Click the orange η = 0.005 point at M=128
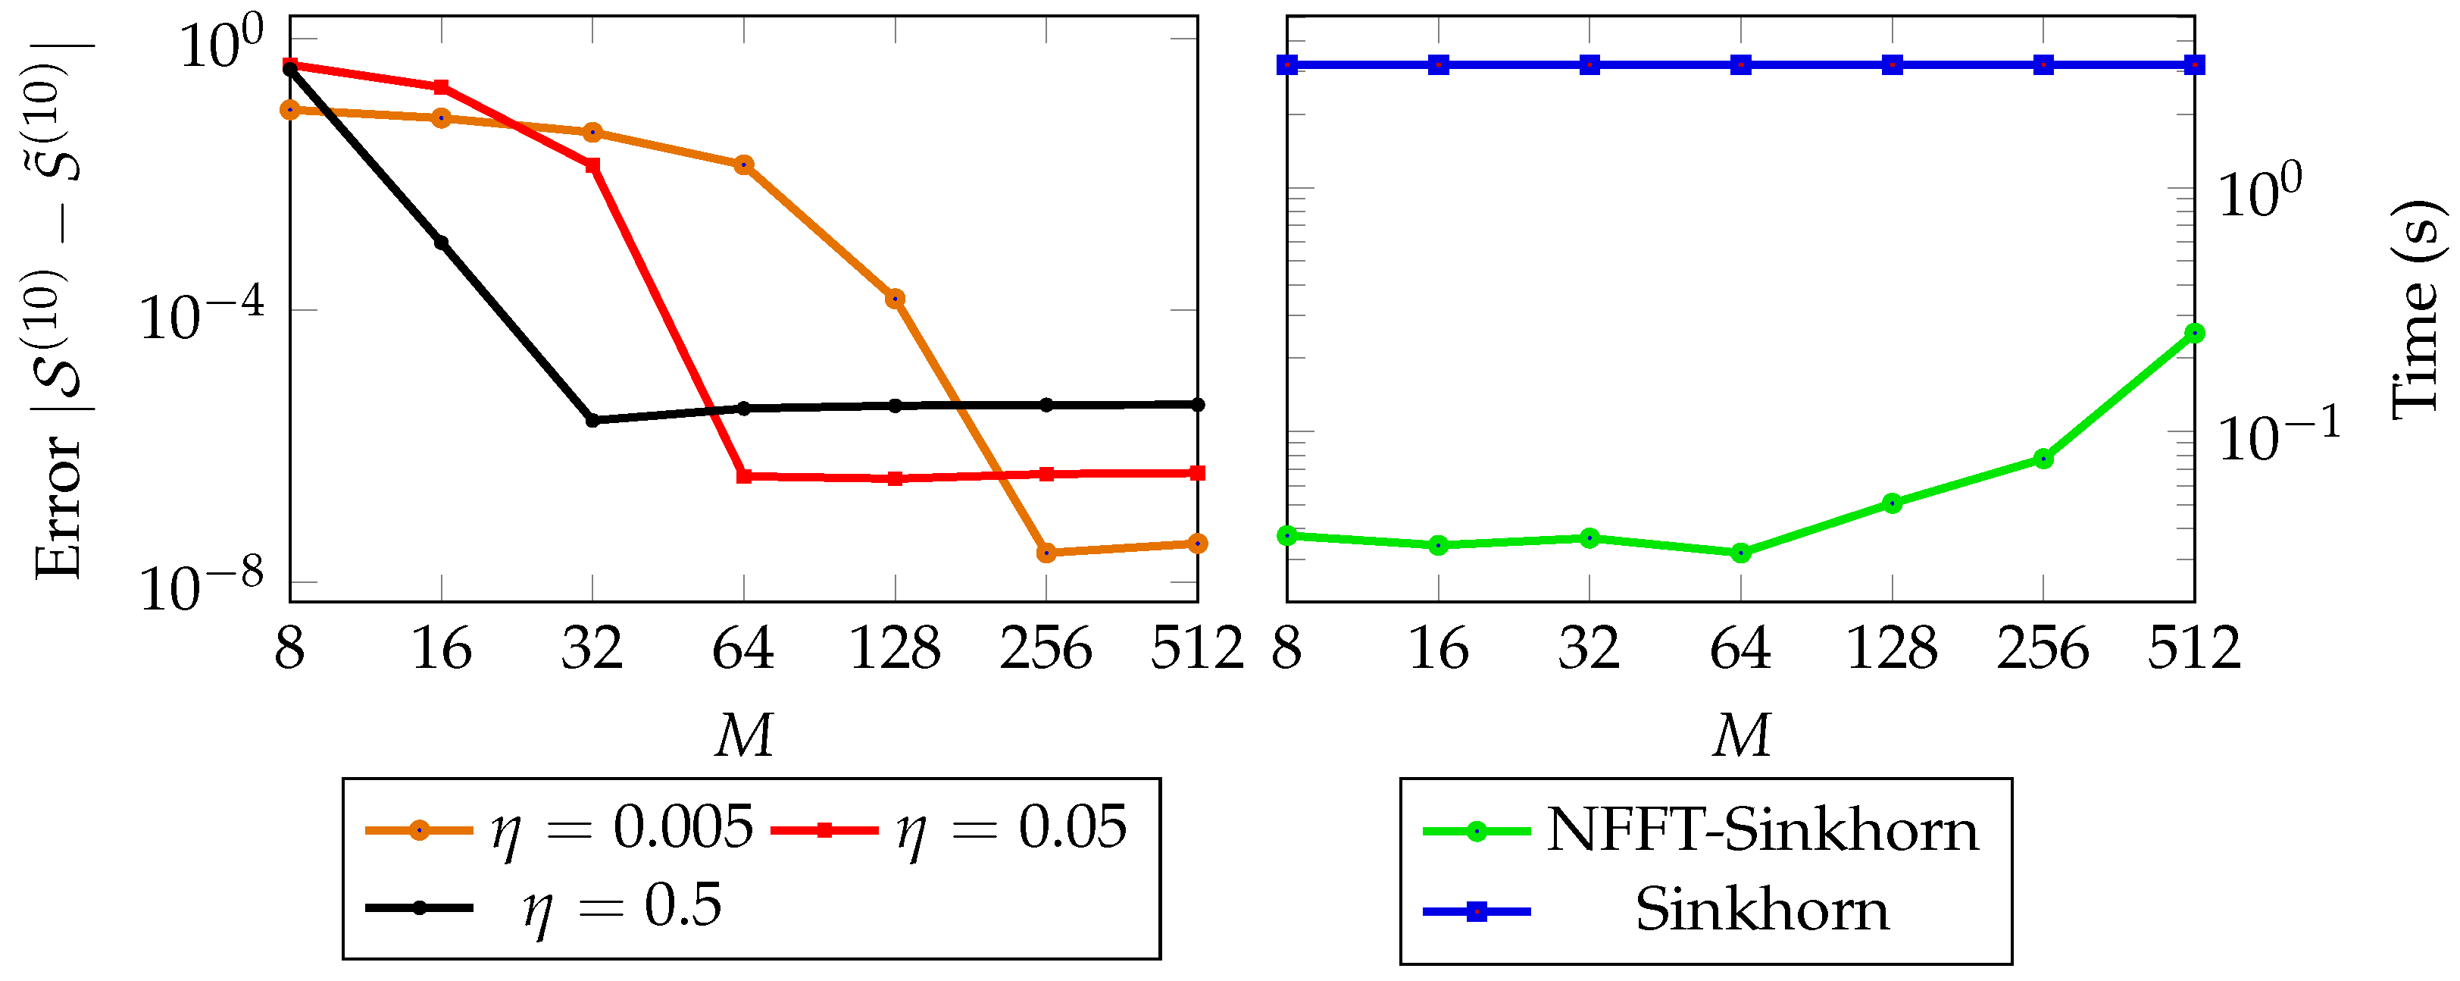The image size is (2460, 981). click(895, 299)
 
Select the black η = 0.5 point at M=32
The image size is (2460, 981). click(592, 420)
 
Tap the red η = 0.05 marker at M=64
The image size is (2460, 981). click(744, 475)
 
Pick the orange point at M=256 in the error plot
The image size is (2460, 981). click(1046, 552)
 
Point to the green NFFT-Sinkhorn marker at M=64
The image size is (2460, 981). click(1741, 552)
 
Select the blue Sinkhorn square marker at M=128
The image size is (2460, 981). click(1892, 65)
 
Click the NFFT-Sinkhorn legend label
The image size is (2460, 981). click(1762, 830)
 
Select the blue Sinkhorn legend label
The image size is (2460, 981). click(1762, 910)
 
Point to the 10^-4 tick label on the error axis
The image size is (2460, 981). click(202, 315)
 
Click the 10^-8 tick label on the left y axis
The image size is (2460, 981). click(202, 588)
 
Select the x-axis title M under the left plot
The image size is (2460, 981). click(744, 736)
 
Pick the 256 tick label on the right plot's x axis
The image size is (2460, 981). click(2043, 650)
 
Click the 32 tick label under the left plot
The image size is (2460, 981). click(592, 650)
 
